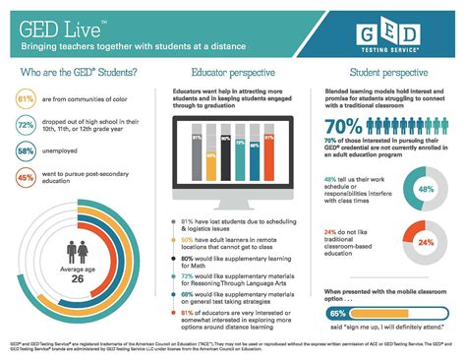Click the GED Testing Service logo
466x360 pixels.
pos(394,34)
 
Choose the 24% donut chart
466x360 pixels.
pos(425,242)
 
